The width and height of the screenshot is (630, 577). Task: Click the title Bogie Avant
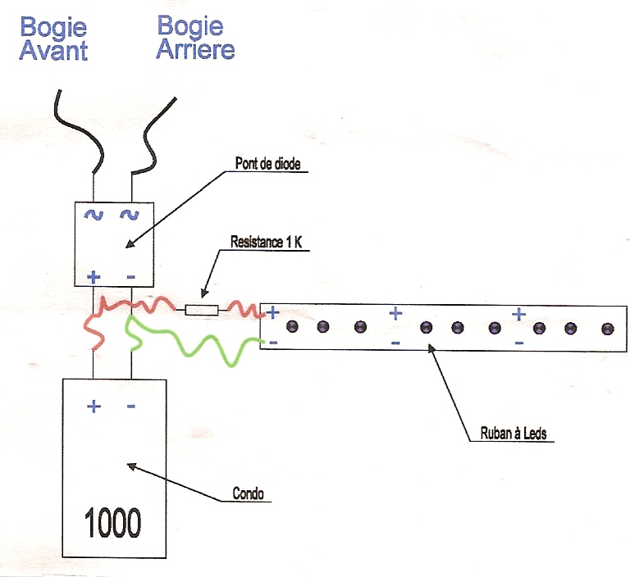pos(54,39)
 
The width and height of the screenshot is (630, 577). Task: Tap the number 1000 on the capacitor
pos(112,521)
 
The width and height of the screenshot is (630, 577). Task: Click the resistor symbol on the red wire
pos(201,310)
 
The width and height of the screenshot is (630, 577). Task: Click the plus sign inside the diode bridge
pos(93,277)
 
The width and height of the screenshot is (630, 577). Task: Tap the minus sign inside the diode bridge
pos(130,277)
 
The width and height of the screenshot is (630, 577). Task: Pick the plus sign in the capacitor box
pos(94,406)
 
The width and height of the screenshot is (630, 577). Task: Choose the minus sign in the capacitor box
pos(131,406)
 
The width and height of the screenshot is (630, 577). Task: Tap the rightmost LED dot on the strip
pos(607,328)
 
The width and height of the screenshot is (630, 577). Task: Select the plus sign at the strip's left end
pos(272,311)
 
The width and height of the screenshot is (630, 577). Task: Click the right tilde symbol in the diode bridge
pos(129,216)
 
